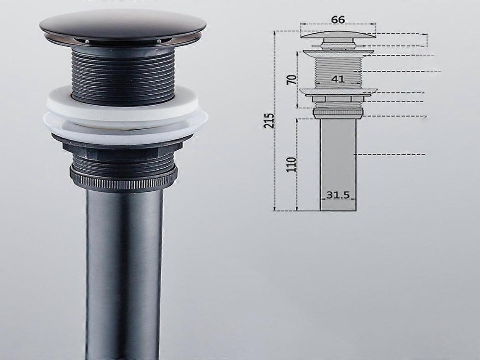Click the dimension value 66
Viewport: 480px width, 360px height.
(338, 19)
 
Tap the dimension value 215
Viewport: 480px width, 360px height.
(269, 121)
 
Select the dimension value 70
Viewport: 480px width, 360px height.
(293, 80)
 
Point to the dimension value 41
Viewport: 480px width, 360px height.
(338, 79)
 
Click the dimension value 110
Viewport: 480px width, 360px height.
(292, 165)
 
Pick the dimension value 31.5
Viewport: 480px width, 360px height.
(338, 195)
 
